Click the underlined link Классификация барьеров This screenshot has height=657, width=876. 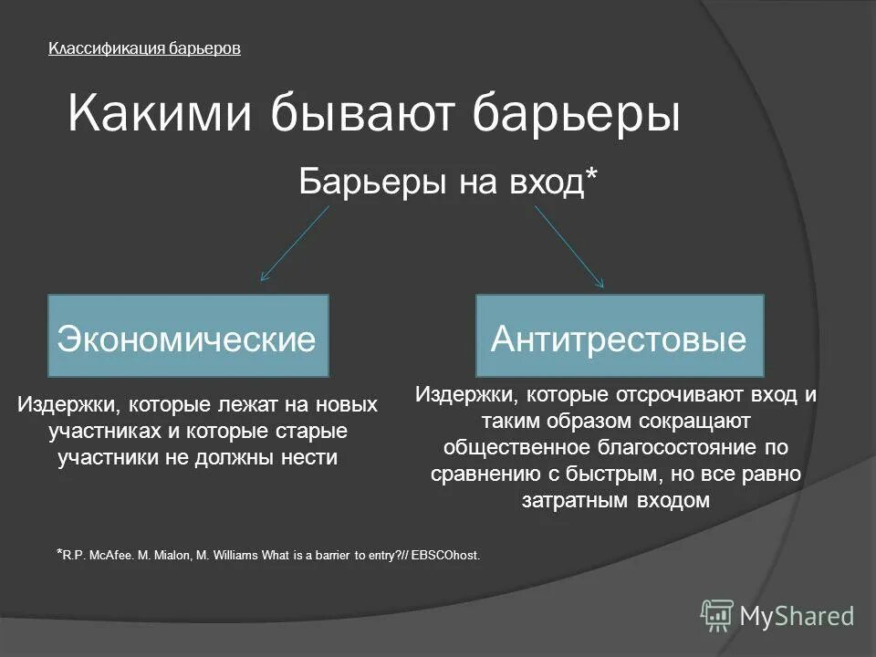click(x=144, y=49)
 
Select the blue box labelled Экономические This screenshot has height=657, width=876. click(x=187, y=336)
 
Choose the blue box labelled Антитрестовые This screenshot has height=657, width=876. click(x=619, y=336)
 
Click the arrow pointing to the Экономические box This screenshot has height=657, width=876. click(x=294, y=243)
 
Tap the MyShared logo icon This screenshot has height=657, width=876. click(x=717, y=616)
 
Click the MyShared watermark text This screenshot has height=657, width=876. click(x=797, y=616)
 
